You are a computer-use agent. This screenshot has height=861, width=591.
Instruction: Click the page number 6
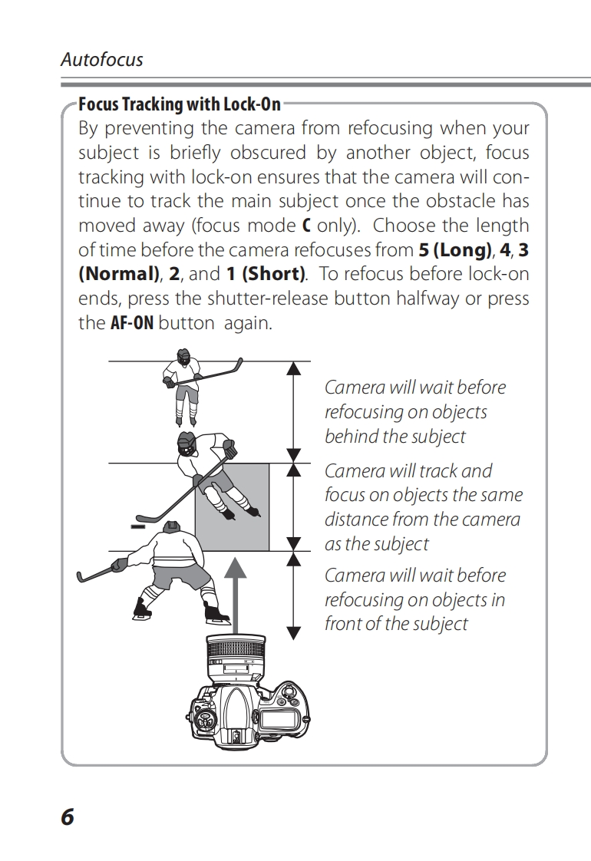pos(68,816)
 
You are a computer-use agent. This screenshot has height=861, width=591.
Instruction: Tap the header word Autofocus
pos(102,60)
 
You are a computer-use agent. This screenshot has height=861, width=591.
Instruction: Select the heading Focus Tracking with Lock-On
pos(180,104)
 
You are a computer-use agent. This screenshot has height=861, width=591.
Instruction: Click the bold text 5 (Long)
pos(454,250)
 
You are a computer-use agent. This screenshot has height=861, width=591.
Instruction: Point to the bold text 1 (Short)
pos(266,275)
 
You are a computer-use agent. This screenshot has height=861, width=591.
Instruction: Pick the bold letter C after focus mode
pos(306,226)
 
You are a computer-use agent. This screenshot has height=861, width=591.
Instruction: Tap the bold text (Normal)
pos(120,275)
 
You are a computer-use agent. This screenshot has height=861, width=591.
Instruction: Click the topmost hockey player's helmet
pos(183,357)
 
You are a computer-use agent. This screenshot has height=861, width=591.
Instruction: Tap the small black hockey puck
pos(138,527)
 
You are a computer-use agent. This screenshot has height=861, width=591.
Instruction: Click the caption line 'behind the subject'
pos(395,437)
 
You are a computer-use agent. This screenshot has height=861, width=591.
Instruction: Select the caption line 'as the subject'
pos(376,544)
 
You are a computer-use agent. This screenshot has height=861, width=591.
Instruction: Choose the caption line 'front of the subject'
pos(395,624)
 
